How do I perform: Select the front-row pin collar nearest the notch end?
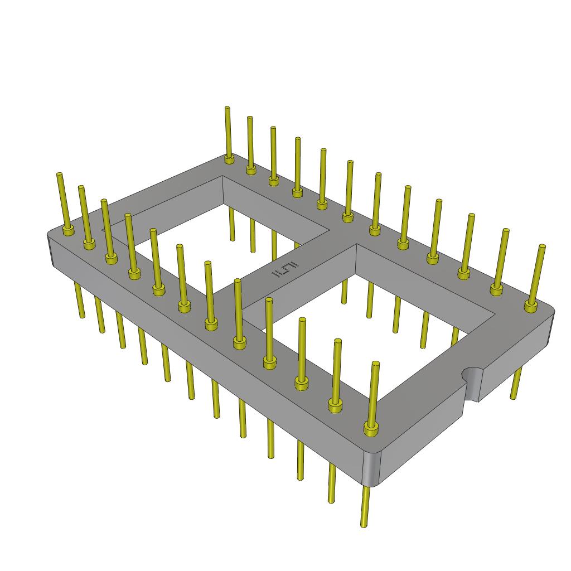[x=371, y=428]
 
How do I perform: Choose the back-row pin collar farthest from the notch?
[x=229, y=159]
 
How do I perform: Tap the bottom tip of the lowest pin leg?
[x=364, y=524]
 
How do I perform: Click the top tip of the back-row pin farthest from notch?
[x=227, y=108]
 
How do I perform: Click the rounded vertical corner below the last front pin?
[x=371, y=468]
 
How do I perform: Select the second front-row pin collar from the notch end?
[x=335, y=406]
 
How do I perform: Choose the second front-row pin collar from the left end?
[x=89, y=243]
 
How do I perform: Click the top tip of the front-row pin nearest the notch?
[x=376, y=364]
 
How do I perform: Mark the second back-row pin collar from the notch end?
[x=496, y=289]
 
